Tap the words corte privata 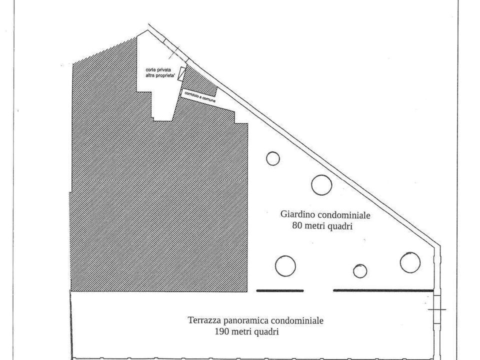tap(158, 70)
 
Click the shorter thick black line tap(280, 290)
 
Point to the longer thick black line tap(383, 290)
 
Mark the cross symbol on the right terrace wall tap(437, 309)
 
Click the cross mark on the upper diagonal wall tap(174, 52)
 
